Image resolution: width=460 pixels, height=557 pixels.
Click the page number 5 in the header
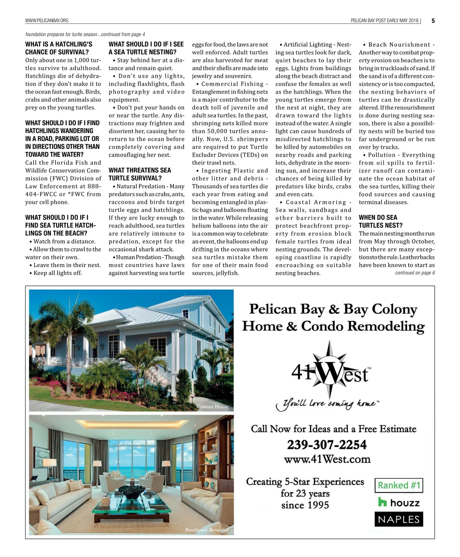[x=433, y=21]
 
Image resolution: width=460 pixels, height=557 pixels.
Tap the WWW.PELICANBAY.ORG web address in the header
[x=47, y=21]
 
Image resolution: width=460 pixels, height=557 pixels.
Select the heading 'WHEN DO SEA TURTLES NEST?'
[x=378, y=221]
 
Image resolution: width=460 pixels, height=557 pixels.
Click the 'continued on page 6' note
[x=415, y=273]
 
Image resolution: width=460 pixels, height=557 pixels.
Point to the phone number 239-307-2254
[x=327, y=445]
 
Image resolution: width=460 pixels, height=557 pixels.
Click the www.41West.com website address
[x=327, y=459]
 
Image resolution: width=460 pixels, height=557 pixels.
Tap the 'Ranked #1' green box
[x=399, y=486]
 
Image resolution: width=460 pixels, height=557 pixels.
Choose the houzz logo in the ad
[x=399, y=502]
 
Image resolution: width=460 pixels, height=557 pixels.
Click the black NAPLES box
[x=399, y=520]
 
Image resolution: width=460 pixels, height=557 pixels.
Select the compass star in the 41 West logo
[x=330, y=369]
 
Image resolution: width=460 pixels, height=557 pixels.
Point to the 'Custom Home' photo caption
[x=212, y=407]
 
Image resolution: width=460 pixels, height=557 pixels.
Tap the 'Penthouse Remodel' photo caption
[x=207, y=530]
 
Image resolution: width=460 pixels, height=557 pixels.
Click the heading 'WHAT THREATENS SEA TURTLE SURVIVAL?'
[x=140, y=174]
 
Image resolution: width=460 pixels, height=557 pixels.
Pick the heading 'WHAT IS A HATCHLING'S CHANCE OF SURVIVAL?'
[x=59, y=48]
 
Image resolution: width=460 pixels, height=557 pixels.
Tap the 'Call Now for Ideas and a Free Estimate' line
[x=333, y=429]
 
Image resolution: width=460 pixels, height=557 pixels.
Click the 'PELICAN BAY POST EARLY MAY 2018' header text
[x=384, y=21]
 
